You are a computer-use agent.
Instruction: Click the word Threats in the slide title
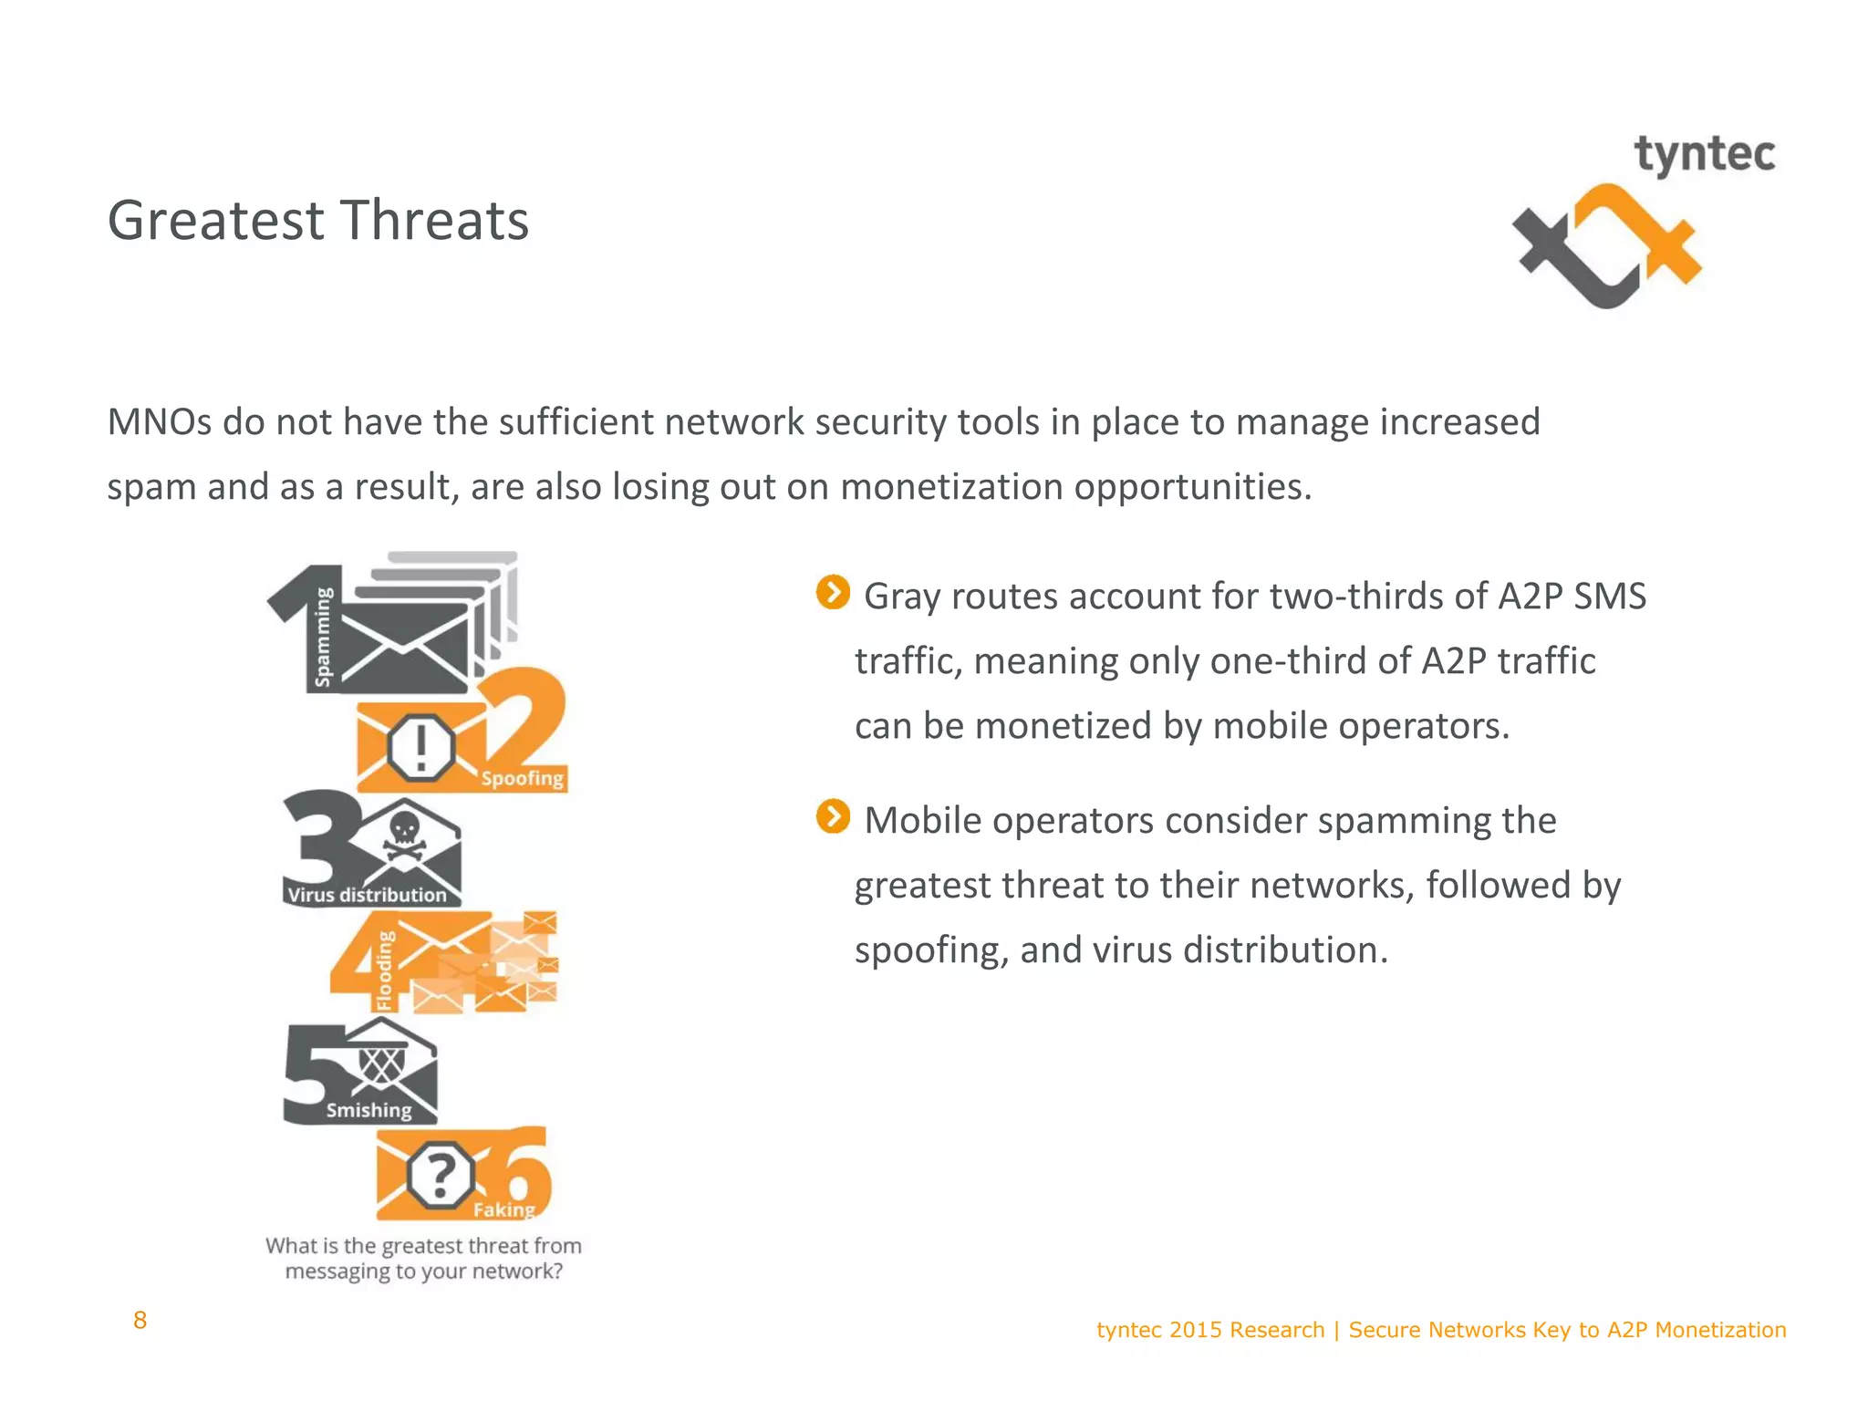point(435,221)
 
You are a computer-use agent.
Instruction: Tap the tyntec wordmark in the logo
point(1704,155)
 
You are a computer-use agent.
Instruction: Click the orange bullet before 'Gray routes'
point(833,592)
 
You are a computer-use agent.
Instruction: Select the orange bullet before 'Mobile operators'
point(833,816)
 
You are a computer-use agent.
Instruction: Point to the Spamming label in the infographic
point(323,636)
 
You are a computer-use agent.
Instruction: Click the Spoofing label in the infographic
point(523,778)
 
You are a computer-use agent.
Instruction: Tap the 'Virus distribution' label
point(368,895)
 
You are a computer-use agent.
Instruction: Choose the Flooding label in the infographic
point(386,970)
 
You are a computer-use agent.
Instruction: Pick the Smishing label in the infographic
point(369,1110)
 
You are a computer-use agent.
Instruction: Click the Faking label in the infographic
point(503,1209)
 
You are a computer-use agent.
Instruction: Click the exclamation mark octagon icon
point(420,747)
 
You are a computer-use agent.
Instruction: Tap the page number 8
point(140,1320)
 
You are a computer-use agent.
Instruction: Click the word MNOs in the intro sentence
point(159,422)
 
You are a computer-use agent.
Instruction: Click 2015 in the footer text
point(1196,1330)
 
